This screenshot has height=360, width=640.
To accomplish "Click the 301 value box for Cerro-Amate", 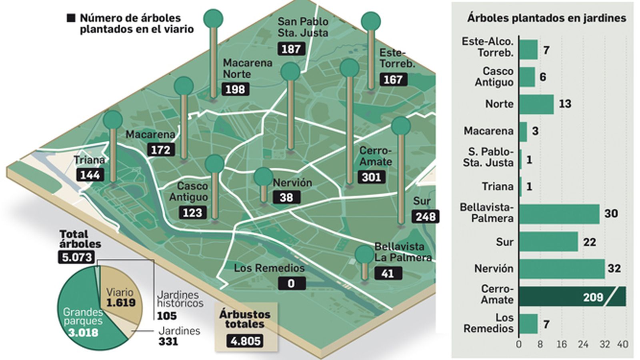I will (372, 177).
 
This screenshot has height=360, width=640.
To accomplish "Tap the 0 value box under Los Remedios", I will (291, 283).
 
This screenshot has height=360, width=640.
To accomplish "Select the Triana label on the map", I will (89, 160).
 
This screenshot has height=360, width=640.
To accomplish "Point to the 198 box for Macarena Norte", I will (235, 89).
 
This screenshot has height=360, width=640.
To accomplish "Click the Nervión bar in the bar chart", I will (562, 268).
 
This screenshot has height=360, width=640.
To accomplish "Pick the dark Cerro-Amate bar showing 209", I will (572, 297).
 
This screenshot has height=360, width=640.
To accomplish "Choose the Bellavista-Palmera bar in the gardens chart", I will (559, 214).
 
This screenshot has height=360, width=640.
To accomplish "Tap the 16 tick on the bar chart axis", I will (562, 344).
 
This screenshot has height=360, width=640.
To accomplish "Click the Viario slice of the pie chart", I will (120, 296).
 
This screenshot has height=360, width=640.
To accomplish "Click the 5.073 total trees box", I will (77, 257).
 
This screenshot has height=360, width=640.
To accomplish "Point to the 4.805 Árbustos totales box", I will (245, 341).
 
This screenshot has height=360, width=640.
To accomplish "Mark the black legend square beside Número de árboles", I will (71, 18).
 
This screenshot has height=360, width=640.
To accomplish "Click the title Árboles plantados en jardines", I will (546, 18).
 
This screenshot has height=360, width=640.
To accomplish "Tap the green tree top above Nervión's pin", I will (263, 177).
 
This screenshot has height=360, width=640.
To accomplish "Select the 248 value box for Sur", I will (425, 216).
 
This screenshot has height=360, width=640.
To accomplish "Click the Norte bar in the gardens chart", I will (536, 104).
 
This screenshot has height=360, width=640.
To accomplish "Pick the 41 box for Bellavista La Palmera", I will (388, 273).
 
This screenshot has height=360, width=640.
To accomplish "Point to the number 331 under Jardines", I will (168, 341).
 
